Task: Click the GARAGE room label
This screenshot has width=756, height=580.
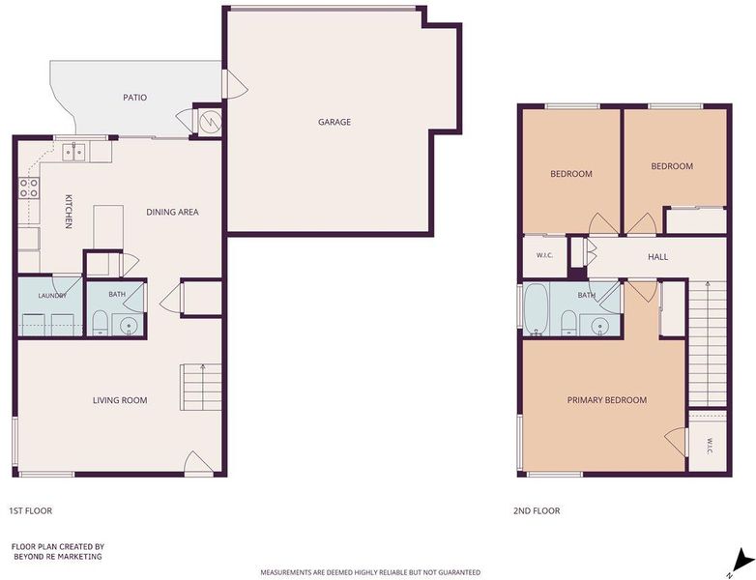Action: click(x=334, y=122)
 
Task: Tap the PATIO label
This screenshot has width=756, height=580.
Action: click(x=135, y=98)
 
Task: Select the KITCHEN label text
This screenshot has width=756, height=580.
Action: click(x=69, y=211)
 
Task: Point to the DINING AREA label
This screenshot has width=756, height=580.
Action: click(x=172, y=212)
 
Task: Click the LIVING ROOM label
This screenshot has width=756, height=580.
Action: click(x=120, y=400)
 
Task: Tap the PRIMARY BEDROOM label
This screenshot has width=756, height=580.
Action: click(x=606, y=400)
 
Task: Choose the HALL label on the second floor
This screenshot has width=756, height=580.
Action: click(x=657, y=257)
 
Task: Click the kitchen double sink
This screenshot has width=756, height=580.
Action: click(x=74, y=152)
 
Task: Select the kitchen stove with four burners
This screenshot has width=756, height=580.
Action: click(x=29, y=188)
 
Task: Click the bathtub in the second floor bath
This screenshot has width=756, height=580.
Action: click(x=536, y=309)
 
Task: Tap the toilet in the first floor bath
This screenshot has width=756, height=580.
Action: click(x=100, y=323)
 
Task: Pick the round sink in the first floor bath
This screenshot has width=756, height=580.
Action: click(x=129, y=325)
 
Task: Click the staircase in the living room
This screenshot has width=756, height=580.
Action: click(x=200, y=387)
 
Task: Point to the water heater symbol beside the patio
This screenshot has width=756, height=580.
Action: click(x=210, y=121)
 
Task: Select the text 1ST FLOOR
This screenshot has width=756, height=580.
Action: click(x=30, y=510)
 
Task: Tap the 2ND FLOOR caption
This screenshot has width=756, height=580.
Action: click(x=537, y=510)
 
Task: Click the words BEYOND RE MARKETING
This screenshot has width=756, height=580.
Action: click(x=58, y=557)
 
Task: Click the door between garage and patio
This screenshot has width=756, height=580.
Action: click(x=235, y=84)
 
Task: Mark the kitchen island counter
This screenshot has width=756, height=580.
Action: click(x=108, y=227)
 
